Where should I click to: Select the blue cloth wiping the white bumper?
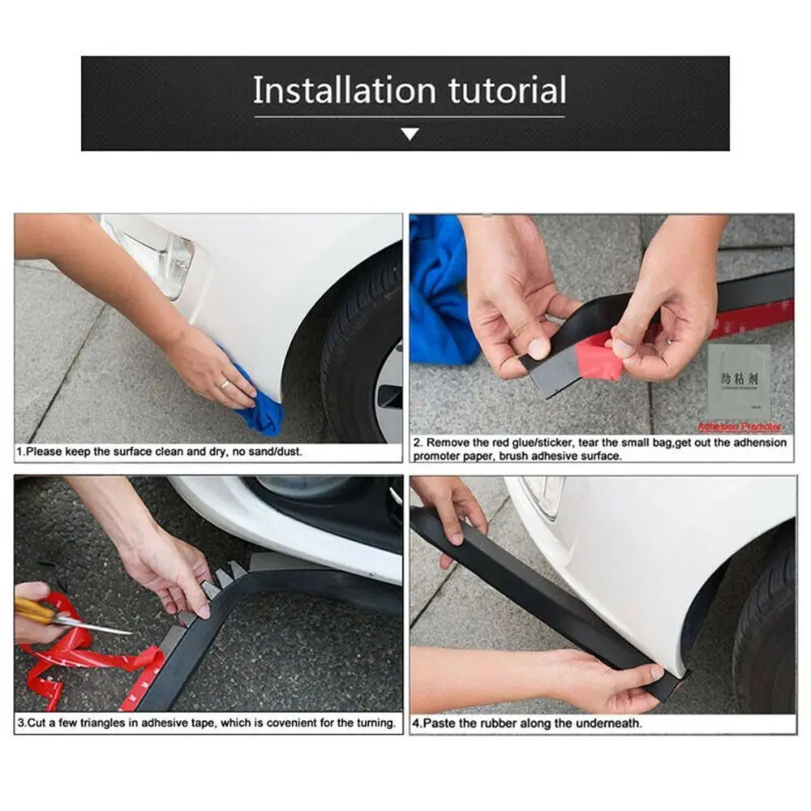coord(264,410)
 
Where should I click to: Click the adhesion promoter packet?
coord(738,381)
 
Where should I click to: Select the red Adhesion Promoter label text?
coord(740,427)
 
